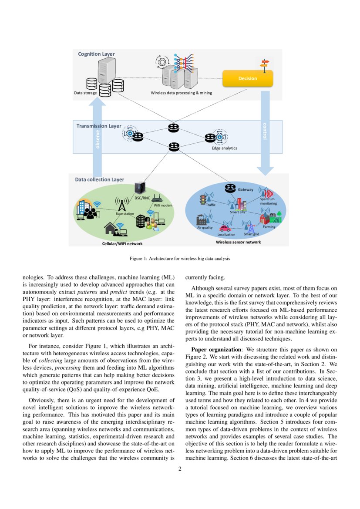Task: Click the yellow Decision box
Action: point(247,78)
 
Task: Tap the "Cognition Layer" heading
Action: point(96,54)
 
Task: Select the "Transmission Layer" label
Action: point(99,126)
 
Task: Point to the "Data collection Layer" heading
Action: point(100,179)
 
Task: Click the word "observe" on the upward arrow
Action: point(98,139)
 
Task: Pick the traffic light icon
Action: point(202,200)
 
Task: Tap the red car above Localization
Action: point(225,228)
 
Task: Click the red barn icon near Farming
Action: point(265,217)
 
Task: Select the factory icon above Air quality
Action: point(203,219)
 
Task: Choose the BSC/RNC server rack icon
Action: point(139,188)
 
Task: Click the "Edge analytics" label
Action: point(224,148)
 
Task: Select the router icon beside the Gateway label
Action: point(230,188)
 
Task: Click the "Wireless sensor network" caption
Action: point(239,242)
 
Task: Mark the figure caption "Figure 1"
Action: point(180,259)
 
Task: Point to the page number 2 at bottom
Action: point(180,469)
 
